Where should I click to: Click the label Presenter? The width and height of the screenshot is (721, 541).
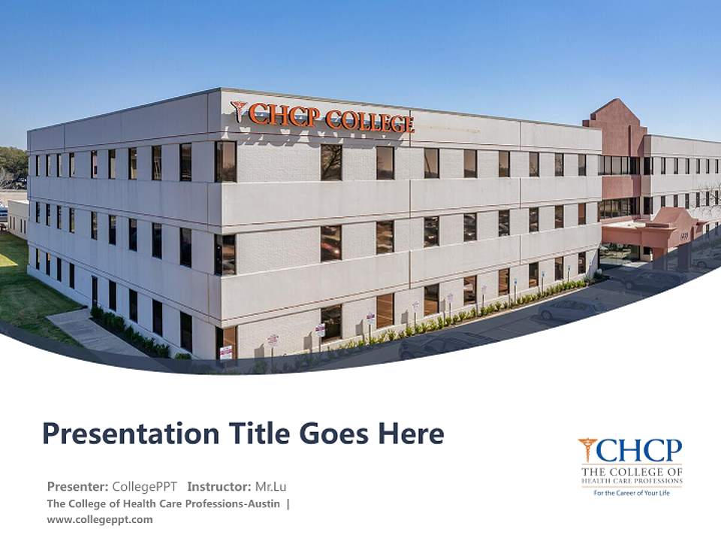coord(78,486)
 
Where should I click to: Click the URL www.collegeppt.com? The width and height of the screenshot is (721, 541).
coord(99,519)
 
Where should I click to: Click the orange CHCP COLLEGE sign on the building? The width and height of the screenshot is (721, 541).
coord(330,118)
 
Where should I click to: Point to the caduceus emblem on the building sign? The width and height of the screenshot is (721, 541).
coord(240,111)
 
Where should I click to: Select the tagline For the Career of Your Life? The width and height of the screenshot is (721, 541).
coord(632,493)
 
